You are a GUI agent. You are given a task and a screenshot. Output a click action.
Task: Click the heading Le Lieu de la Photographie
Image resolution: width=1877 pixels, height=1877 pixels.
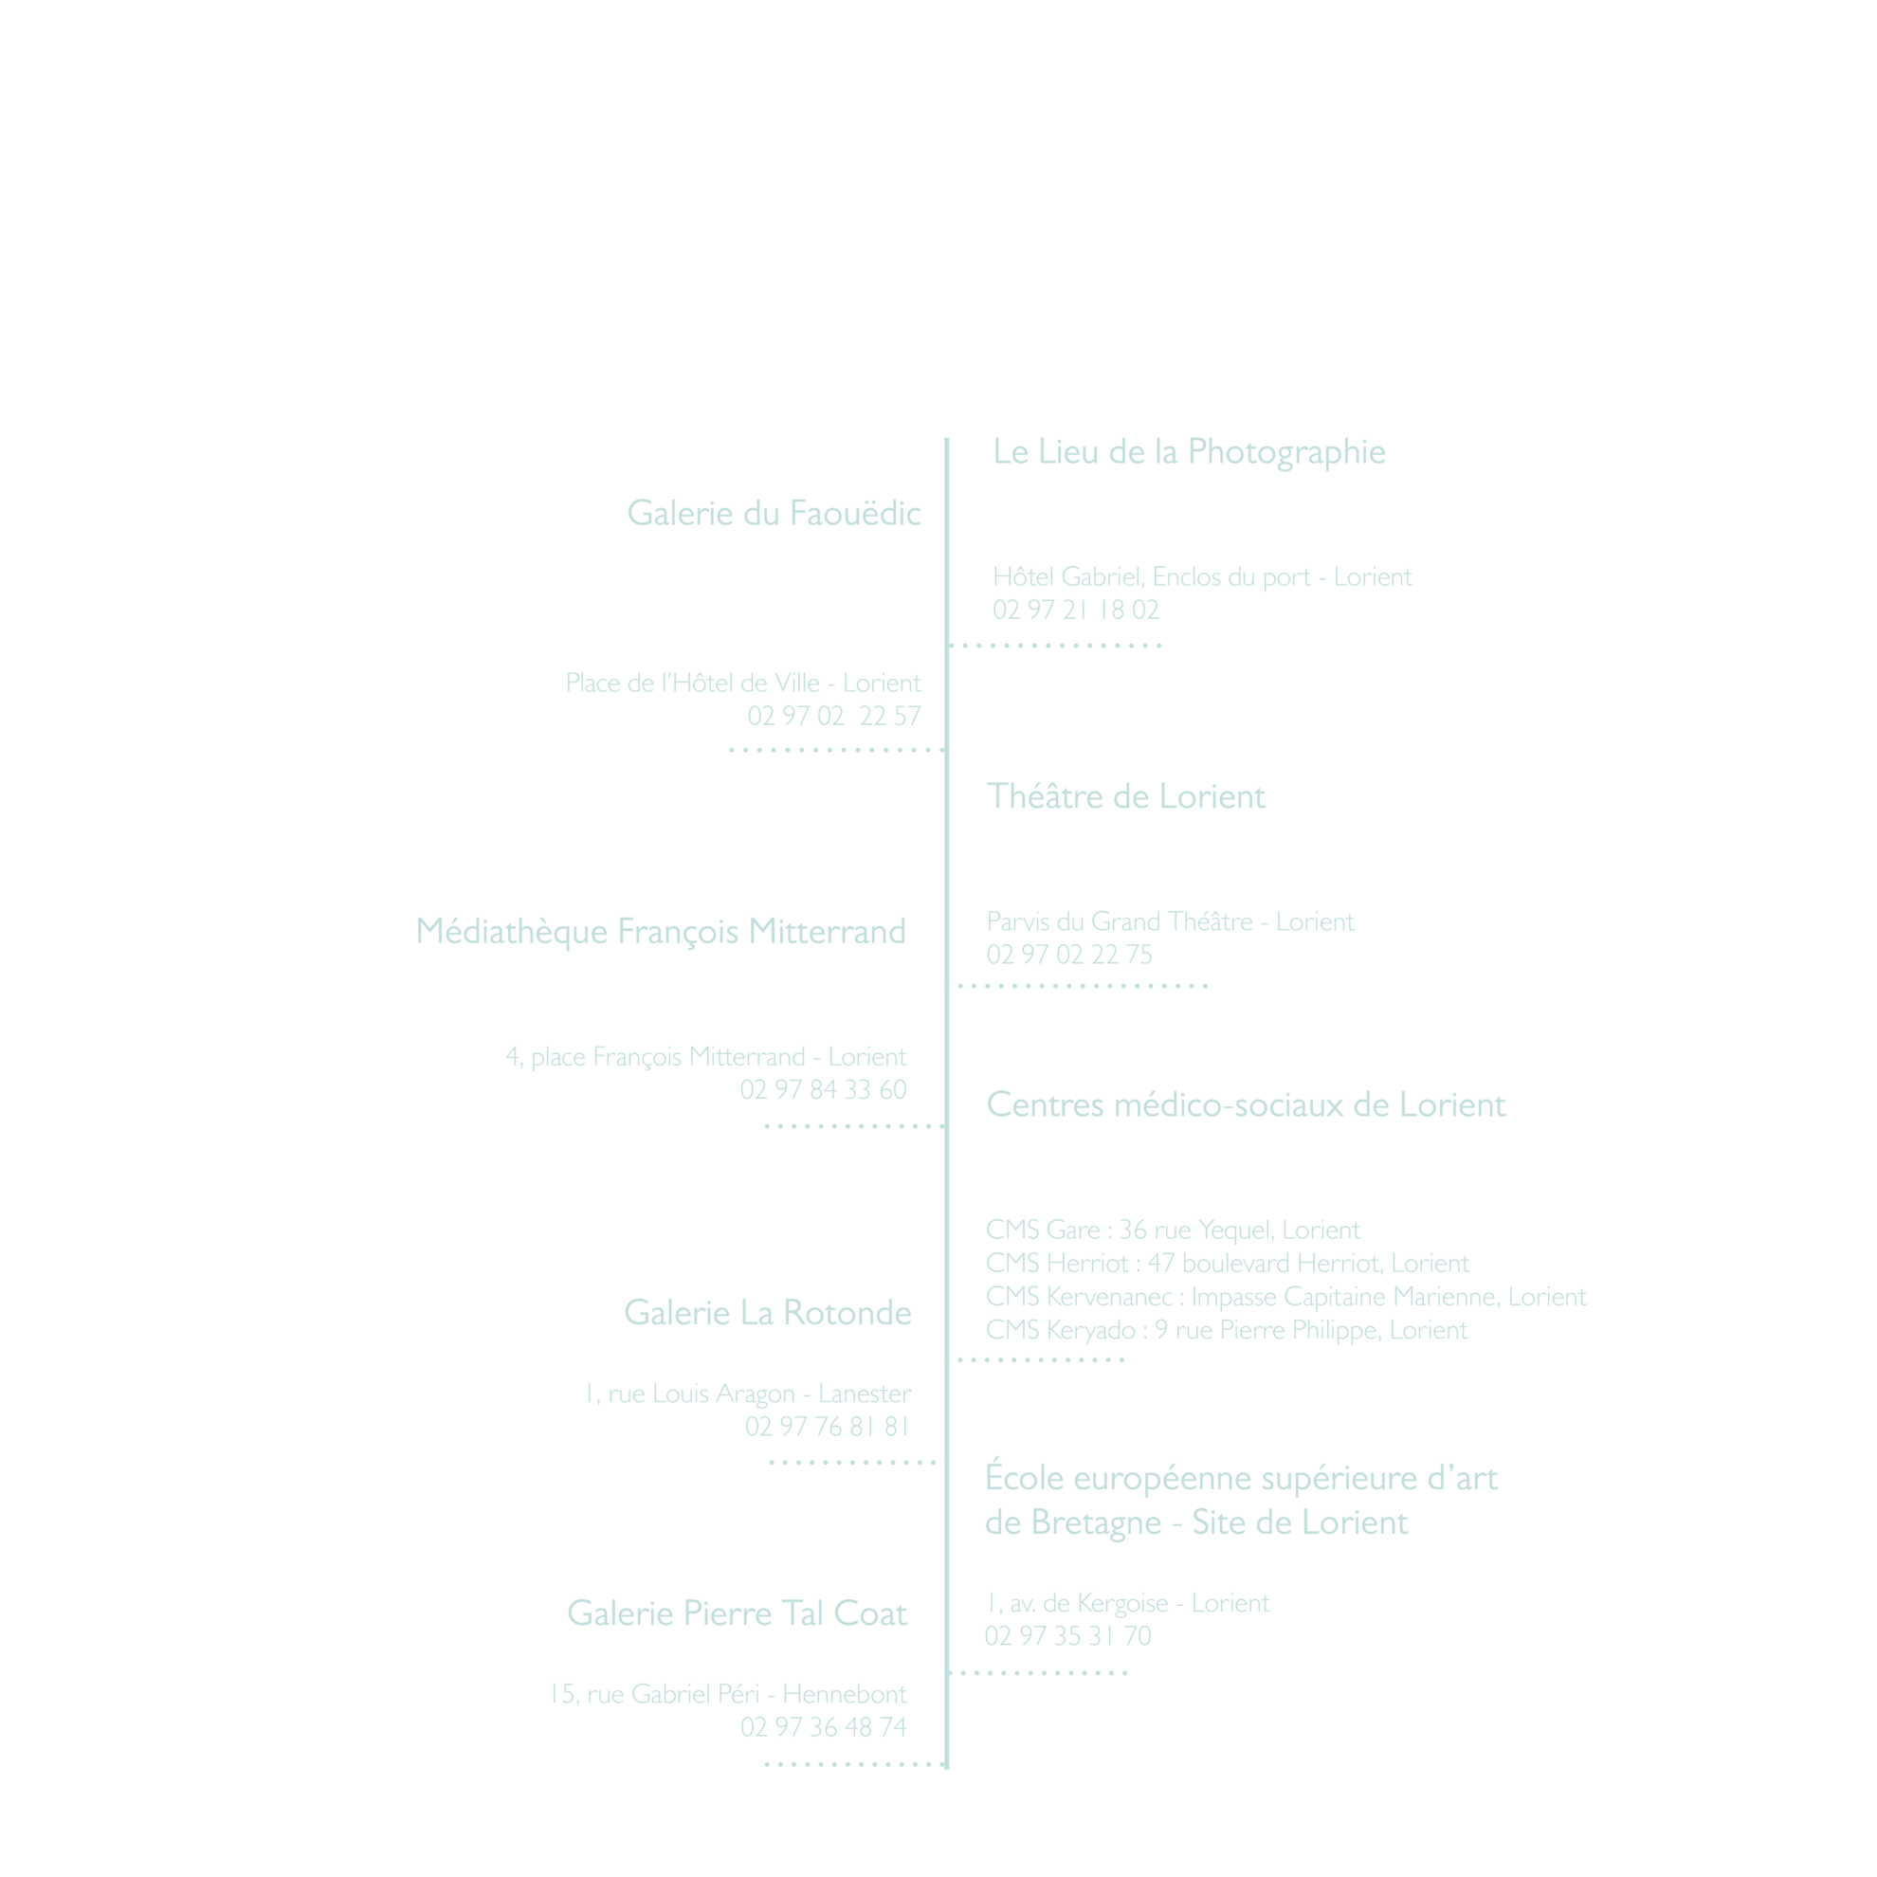[x=1189, y=453]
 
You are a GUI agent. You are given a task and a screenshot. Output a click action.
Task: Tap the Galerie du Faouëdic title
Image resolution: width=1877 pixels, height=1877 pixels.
[x=774, y=513]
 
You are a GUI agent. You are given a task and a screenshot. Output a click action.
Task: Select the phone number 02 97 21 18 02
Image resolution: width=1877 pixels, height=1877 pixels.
[x=1076, y=610]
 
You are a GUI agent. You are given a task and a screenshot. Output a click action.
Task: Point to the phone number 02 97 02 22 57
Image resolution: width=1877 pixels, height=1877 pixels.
[x=833, y=716]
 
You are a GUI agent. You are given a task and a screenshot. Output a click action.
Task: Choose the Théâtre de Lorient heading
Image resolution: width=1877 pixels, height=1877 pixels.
[x=1126, y=796]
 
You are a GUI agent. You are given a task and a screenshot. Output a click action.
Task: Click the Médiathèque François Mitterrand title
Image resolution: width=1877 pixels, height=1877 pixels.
[x=661, y=932]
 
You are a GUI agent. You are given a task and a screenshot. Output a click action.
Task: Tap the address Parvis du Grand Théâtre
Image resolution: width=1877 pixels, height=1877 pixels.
[x=1120, y=921]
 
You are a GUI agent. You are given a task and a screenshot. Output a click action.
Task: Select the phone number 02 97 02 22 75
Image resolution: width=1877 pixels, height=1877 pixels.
[x=1068, y=955]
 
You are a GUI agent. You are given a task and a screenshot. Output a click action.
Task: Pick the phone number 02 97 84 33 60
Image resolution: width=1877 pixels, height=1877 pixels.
[x=823, y=1090]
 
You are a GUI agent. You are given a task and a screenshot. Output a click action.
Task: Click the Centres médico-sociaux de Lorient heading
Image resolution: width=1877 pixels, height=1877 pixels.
[x=1246, y=1104]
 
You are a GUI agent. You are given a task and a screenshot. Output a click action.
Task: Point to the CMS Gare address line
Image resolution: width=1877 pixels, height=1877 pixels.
[x=1173, y=1230]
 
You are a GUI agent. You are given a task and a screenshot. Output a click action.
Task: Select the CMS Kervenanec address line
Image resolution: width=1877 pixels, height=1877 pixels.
[x=1285, y=1297]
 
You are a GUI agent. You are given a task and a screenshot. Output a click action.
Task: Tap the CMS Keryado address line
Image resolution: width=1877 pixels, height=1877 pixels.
[x=1226, y=1330]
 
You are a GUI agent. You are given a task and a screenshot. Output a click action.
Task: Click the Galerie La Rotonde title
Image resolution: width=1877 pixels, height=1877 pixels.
[x=768, y=1313]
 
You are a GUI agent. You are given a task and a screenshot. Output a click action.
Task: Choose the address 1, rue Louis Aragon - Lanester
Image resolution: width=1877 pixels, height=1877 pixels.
[x=748, y=1394]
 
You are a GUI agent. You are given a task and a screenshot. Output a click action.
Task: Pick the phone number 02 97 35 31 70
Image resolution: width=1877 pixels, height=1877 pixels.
[x=1067, y=1636]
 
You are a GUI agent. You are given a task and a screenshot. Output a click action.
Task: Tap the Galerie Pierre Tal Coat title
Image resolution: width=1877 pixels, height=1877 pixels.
[x=737, y=1613]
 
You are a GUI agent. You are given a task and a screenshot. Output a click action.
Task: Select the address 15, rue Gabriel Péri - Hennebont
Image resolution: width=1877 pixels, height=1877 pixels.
[x=729, y=1694]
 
